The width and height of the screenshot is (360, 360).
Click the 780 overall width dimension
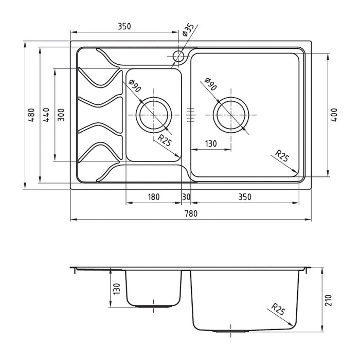coord(191,213)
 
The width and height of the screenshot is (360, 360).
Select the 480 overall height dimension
coord(31,115)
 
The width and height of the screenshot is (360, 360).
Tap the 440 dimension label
coord(46,115)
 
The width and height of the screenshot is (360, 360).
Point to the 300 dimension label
coord(61,115)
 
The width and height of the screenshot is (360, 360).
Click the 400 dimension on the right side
coord(334,115)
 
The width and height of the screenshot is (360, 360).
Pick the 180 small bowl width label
coord(153,197)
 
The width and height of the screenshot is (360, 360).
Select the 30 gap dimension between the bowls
coord(186,197)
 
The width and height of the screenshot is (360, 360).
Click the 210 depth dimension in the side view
coord(329,300)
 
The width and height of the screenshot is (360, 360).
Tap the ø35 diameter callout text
coord(188,30)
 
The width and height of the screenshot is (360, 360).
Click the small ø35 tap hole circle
coord(178,56)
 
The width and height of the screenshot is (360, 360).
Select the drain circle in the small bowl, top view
coord(154,115)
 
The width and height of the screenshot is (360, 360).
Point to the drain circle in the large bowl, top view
coord(231,115)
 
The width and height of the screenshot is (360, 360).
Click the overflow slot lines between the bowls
coord(190,115)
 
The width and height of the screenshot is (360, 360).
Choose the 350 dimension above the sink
coord(124,26)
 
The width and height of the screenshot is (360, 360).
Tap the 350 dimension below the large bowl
coord(245,197)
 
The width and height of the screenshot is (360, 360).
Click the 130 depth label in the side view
coord(117,289)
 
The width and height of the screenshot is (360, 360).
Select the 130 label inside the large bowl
coord(210,143)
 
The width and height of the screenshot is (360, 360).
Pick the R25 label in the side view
coord(278,309)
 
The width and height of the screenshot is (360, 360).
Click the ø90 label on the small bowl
coord(135,85)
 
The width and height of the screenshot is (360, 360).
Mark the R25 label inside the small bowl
coord(165,140)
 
